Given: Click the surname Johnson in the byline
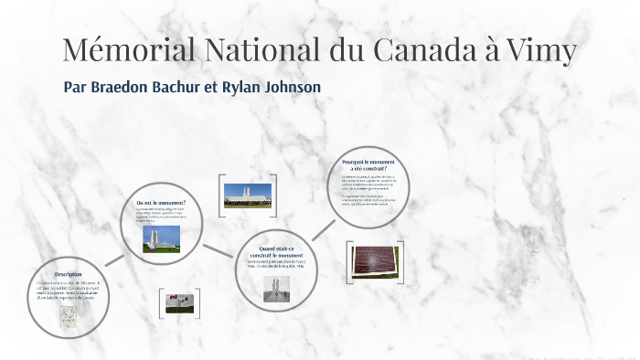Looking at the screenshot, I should [x=286, y=87].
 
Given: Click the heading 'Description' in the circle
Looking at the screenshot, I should [x=69, y=274].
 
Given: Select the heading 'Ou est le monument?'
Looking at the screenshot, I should [x=161, y=202].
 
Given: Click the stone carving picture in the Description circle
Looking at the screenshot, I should [x=69, y=315].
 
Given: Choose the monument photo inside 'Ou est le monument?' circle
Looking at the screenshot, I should [x=162, y=239].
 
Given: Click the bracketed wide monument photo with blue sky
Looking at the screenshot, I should [x=248, y=195].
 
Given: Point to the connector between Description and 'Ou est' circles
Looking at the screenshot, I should [x=114, y=259].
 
